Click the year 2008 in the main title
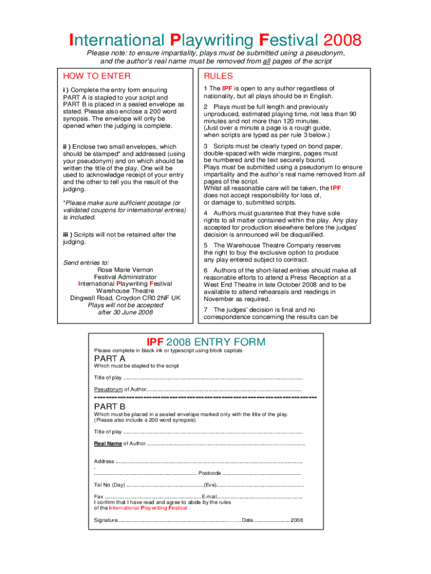click(x=341, y=40)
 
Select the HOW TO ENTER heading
click(x=97, y=76)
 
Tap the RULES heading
click(x=218, y=76)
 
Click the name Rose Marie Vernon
click(x=125, y=270)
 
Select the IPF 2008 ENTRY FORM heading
click(x=206, y=342)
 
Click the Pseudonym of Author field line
click(x=224, y=389)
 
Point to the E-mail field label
click(x=209, y=497)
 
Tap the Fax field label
click(x=99, y=497)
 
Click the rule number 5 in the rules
click(x=205, y=245)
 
